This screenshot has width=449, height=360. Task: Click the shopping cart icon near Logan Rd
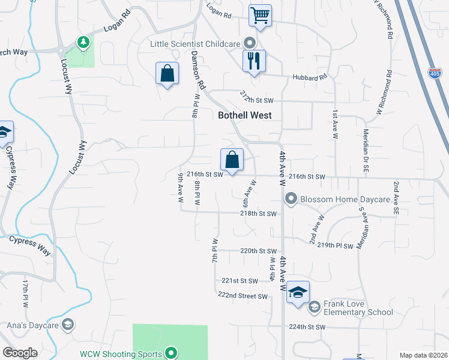[260, 15]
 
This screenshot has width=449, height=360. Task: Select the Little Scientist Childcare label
[196, 43]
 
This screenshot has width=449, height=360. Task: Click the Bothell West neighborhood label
[244, 115]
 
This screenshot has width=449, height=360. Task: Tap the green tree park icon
[83, 41]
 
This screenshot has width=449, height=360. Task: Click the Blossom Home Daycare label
[345, 199]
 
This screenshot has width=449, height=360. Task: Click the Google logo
[20, 353]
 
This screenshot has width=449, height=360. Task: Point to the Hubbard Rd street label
[310, 77]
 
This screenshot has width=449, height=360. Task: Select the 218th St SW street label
[259, 214]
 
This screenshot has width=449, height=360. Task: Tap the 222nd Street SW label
[243, 296]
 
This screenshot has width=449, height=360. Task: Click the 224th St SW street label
[307, 327]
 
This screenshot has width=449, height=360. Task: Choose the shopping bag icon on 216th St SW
[232, 160]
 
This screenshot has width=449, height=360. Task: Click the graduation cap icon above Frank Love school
[298, 292]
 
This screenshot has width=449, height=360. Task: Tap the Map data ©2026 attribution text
[423, 355]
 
